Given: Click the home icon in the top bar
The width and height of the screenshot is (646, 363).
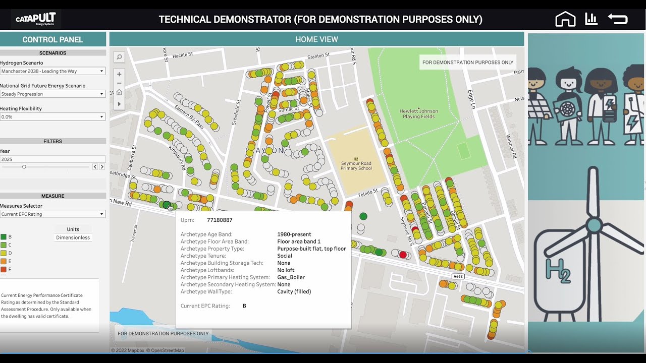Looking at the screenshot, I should coord(565,20).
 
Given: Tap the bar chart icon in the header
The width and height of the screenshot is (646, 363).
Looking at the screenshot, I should coord(591,19).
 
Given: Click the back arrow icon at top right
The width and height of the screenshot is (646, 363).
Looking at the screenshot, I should coord(618,19).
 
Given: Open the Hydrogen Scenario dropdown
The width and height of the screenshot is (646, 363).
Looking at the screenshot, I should coord(52,71).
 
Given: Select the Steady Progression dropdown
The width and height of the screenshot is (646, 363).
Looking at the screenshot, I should coord(52,94).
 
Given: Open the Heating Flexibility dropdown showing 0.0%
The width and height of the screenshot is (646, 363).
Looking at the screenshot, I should coord(52,116).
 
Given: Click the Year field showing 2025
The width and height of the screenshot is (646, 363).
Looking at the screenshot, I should coord(52,159).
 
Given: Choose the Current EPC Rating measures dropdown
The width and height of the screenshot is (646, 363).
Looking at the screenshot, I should coord(52,214).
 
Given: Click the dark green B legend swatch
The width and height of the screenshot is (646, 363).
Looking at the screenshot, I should coord(4,237).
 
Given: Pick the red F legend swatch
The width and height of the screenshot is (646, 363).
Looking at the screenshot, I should coord(4,270).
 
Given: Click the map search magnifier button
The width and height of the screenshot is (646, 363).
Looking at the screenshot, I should coord(119,57).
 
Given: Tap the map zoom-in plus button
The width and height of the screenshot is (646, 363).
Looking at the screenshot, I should coord(119,74).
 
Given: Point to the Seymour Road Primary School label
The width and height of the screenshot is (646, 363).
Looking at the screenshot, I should coord(356,165).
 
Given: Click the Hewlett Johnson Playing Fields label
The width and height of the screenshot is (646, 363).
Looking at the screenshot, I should coord(419,114).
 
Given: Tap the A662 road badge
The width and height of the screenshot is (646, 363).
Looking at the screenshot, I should coord(457,276).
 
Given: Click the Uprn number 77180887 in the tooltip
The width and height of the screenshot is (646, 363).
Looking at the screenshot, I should coord(220,220).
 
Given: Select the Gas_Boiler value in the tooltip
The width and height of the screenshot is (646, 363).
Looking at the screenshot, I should coord(291,277).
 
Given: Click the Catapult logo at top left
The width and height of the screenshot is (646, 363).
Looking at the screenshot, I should coord(35,20).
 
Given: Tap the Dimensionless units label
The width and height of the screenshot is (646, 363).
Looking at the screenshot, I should coord(73,237).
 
